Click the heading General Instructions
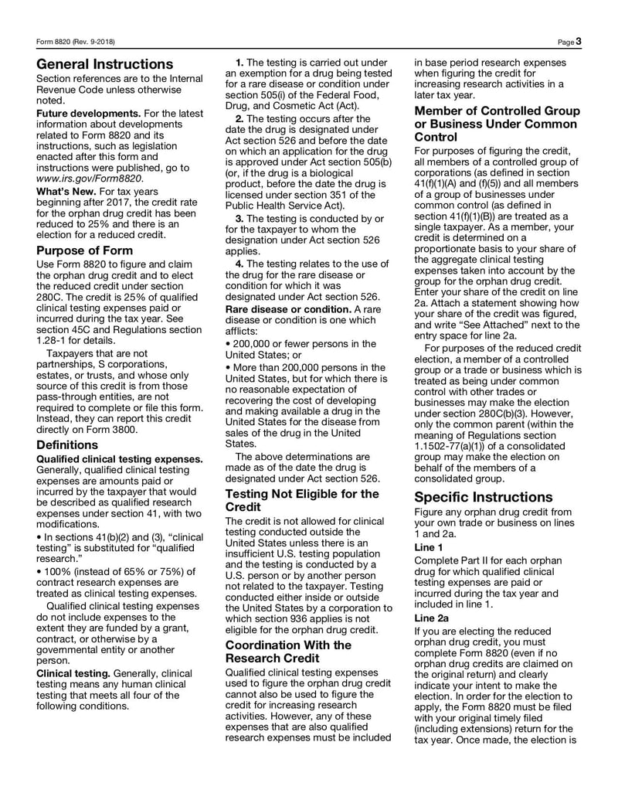[x=105, y=64]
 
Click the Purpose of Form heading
[x=84, y=250]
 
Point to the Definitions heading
[x=67, y=444]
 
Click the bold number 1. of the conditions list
[x=239, y=62]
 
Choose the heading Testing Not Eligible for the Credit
[x=301, y=499]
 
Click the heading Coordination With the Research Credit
[x=287, y=651]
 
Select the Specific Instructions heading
[x=483, y=497]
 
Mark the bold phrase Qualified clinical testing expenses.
[x=120, y=458]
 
